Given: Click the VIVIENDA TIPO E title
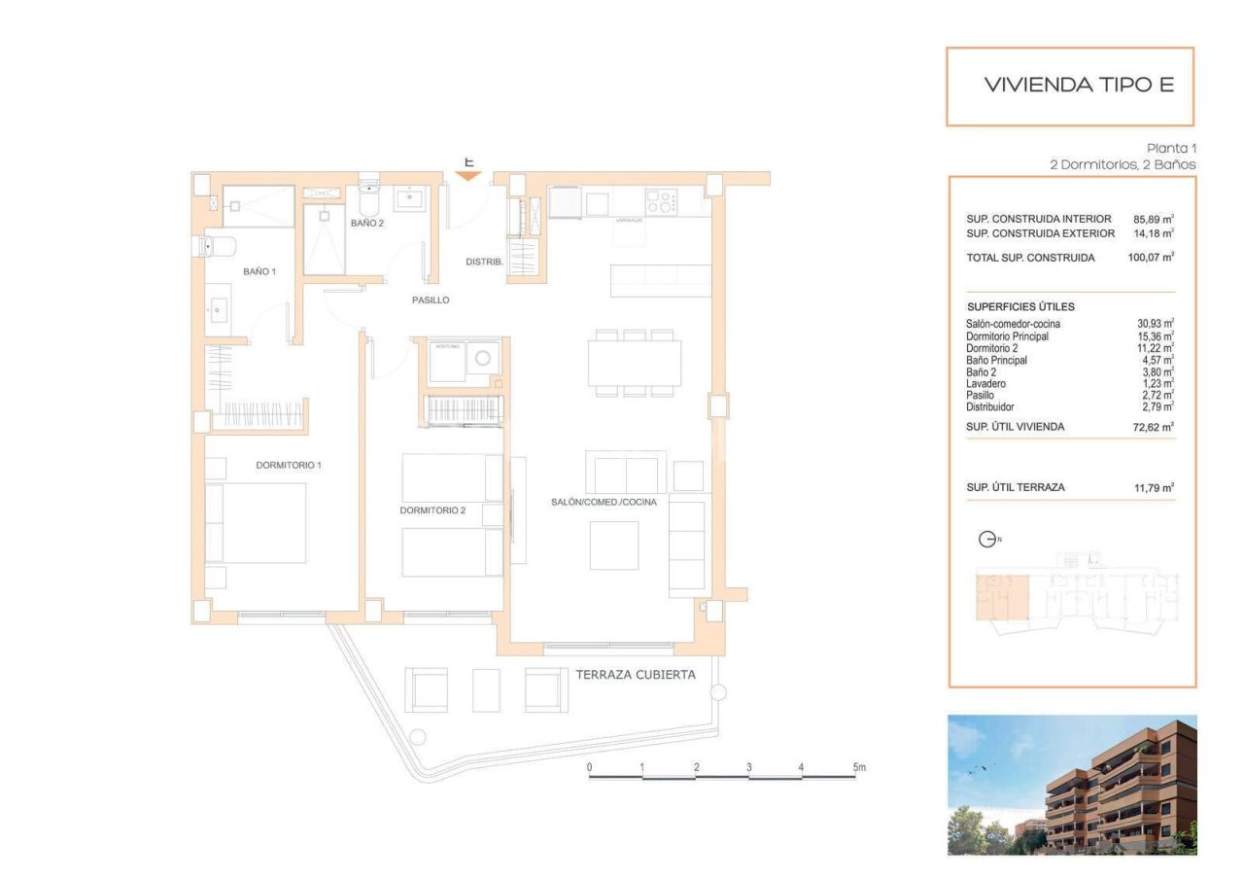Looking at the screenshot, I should click(x=1079, y=85).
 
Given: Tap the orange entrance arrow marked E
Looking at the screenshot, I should click(x=468, y=175).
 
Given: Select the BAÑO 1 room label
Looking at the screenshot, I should click(x=259, y=271).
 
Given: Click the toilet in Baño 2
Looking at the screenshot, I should click(x=368, y=202).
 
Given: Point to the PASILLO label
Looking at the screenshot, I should click(x=431, y=300).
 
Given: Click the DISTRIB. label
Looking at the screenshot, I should click(x=483, y=262).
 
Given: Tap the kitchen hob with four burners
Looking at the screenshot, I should click(x=661, y=202).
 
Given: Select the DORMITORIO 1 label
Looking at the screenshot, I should click(x=288, y=465).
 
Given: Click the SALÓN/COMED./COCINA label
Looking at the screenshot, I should click(x=603, y=502).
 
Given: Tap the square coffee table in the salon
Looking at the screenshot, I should click(x=614, y=545).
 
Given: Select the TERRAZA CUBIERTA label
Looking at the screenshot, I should click(x=635, y=674).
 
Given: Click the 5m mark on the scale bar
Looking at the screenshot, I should click(x=858, y=767).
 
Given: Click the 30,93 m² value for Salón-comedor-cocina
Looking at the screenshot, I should click(x=1155, y=324).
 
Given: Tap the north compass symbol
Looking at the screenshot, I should click(x=986, y=540).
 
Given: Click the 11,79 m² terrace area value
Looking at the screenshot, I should click(x=1154, y=487).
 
